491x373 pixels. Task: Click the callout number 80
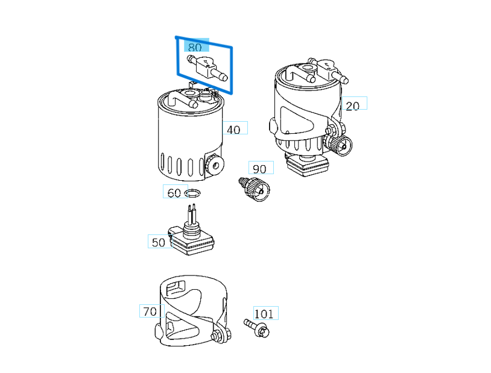[x=195, y=47]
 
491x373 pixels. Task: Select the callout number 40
[x=233, y=129]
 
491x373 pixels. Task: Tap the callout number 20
[x=352, y=105]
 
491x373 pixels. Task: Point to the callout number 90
[x=259, y=169]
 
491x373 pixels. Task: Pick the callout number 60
[x=174, y=193]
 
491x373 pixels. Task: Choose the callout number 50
[x=159, y=242]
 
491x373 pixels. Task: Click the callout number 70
[x=150, y=311]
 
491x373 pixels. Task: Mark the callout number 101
[x=264, y=313]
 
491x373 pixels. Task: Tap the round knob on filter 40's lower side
[x=212, y=165]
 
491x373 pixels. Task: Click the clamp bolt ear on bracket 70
[x=220, y=335]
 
